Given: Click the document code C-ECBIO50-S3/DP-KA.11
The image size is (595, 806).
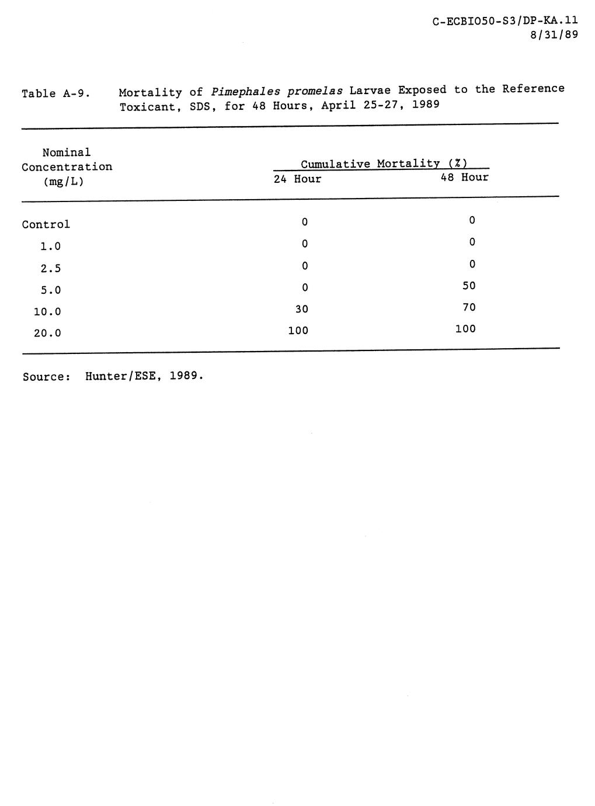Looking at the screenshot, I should click(505, 22).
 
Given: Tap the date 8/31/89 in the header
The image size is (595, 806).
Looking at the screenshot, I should click(554, 35).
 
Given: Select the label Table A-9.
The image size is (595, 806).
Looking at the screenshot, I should click(55, 93).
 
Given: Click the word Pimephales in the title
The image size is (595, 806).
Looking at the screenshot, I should click(245, 92).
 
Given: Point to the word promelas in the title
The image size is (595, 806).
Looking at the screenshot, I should click(315, 91).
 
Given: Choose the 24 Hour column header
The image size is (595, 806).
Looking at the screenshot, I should click(298, 179).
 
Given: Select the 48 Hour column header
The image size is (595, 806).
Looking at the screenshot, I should click(464, 177).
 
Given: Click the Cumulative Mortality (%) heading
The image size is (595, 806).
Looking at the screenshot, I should click(384, 164).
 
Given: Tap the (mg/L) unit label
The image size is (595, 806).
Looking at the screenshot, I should click(64, 181).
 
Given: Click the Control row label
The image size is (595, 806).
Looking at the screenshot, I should click(46, 224).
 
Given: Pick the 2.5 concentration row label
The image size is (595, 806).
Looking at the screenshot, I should click(50, 268).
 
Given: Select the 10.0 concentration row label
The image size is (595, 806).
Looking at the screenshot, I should click(47, 312).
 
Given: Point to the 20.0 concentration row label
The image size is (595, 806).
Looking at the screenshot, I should click(47, 333).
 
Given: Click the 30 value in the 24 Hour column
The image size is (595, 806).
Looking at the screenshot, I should click(302, 309).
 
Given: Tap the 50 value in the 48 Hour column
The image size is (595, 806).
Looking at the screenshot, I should click(469, 286).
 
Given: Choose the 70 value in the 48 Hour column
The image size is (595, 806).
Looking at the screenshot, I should click(469, 307).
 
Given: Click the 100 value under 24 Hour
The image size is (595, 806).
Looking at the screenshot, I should click(298, 331).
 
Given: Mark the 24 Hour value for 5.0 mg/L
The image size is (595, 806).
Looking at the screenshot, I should click(304, 287).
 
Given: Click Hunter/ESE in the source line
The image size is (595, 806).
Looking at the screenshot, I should click(121, 376).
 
